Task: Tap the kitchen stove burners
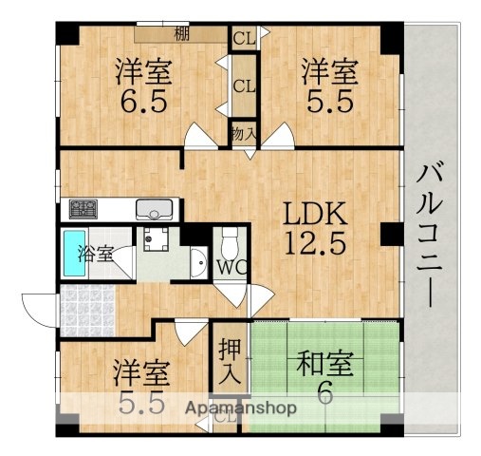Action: point(80,207)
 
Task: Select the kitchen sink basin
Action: point(154,209)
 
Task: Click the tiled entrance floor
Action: point(85,307)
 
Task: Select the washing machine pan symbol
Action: point(156,242)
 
